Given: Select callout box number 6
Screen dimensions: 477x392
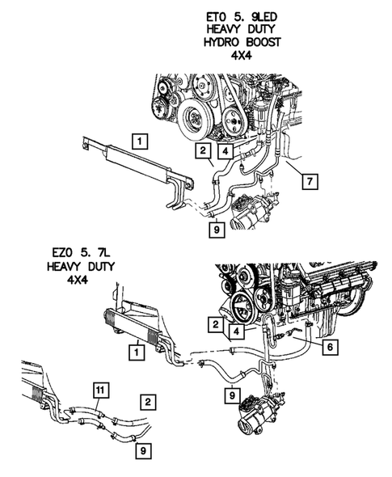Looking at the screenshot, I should [x=333, y=347].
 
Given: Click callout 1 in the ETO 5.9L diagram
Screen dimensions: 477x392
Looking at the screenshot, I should [x=140, y=143].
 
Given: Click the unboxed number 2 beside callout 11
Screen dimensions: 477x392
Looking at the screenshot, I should [x=146, y=400].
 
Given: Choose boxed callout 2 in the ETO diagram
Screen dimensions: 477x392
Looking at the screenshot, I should [x=203, y=150].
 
